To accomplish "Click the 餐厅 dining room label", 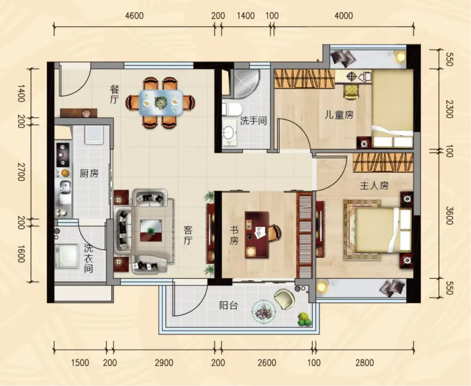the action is coord(114,94).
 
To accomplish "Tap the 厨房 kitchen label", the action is coord(89,174).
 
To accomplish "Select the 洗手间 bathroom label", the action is coord(253,121).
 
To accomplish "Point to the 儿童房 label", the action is coord(338,115).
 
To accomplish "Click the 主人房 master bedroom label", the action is coord(374,186).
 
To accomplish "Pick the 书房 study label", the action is coord(234,236).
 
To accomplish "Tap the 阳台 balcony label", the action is coord(229,306).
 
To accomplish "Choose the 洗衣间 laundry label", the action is coord(88,258).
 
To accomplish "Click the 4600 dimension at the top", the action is coord(134,16).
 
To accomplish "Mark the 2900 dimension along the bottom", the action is coord(164,362).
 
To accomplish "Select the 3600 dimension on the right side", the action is coord(449,215).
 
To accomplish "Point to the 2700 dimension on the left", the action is coord(21,172).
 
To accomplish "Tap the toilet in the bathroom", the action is coord(232,109).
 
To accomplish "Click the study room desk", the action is coord(256,235).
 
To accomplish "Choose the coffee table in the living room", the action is coord(151,230).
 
